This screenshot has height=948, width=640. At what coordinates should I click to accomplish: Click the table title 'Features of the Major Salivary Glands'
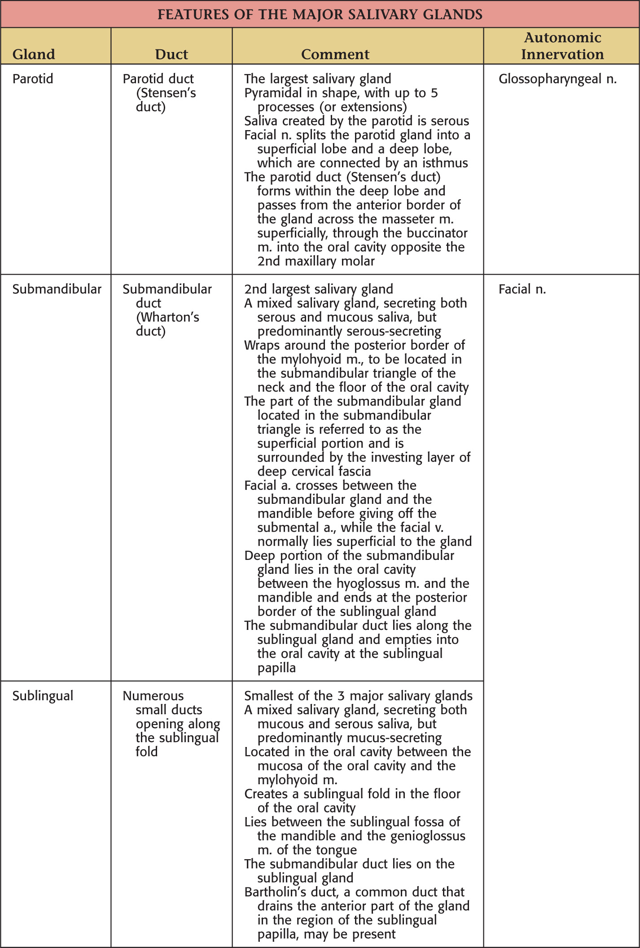pyautogui.click(x=320, y=14)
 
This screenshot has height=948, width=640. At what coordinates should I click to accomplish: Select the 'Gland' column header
pyautogui.click(x=34, y=54)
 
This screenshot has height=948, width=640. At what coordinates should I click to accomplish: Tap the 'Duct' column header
pyautogui.click(x=171, y=54)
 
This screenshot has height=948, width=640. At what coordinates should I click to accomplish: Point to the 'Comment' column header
pyautogui.click(x=335, y=54)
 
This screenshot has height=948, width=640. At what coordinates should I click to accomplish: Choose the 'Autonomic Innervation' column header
pyautogui.click(x=562, y=46)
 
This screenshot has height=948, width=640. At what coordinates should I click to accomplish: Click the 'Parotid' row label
pyautogui.click(x=33, y=79)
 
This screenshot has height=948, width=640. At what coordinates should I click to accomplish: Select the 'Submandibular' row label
pyautogui.click(x=57, y=289)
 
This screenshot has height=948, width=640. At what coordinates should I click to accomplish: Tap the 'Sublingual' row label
pyautogui.click(x=43, y=696)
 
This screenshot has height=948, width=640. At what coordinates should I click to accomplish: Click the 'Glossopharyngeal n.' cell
pyautogui.click(x=557, y=79)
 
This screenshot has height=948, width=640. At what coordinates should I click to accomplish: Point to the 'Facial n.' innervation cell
pyautogui.click(x=522, y=289)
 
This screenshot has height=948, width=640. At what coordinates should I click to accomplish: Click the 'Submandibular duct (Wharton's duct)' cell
pyautogui.click(x=167, y=310)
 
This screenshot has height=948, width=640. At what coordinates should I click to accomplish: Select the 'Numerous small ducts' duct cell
pyautogui.click(x=171, y=723)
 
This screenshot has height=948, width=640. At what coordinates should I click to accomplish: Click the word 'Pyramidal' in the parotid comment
pyautogui.click(x=273, y=93)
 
